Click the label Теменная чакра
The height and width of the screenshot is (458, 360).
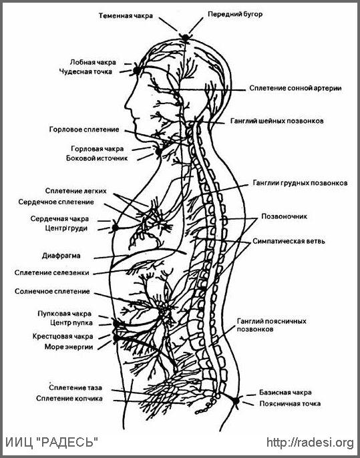126,16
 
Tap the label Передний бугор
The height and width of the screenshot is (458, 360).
235,14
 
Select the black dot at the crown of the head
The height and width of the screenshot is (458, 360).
185,37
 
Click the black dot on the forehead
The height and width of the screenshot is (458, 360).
136,70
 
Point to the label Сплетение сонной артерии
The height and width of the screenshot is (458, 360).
295,88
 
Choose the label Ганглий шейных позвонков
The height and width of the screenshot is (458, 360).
277,121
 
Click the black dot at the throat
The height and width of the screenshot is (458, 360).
158,152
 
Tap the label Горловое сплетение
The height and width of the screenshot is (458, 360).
84,130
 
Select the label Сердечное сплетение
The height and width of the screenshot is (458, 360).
56,202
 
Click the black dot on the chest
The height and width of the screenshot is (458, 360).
115,227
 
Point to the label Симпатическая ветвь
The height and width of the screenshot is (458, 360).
289,242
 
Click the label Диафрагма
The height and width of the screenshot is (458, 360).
61,256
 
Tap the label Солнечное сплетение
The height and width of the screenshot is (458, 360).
52,292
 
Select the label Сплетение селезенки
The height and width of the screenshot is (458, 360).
51,273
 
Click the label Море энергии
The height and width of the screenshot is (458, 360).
69,347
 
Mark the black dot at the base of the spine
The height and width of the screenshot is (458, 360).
236,401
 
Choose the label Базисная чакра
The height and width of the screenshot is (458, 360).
285,393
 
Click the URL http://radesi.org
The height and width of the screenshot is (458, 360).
311,443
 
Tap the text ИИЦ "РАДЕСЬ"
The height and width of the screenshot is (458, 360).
51,443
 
